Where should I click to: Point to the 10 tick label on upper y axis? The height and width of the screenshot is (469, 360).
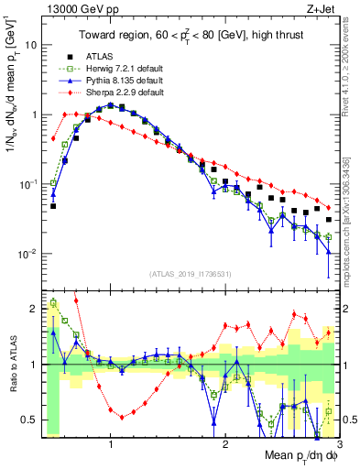click(29, 44)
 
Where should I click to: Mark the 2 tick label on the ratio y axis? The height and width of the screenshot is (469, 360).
click(31, 309)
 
